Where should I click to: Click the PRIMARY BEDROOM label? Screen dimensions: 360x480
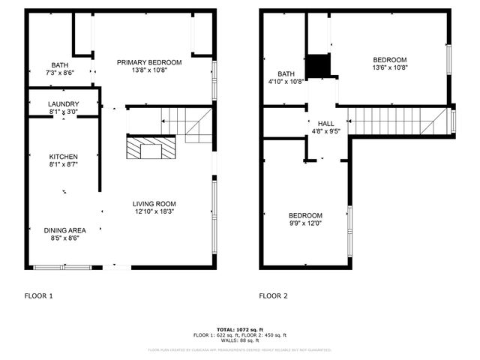(149, 62)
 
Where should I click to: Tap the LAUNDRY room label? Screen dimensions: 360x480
(63, 103)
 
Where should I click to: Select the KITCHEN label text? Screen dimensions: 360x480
(63, 155)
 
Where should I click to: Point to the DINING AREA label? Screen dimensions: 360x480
(63, 230)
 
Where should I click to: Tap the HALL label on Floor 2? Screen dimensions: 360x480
(325, 123)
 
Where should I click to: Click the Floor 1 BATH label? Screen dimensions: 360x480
(60, 65)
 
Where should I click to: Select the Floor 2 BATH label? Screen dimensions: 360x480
(286, 73)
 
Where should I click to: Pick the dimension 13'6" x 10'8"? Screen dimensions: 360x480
(390, 68)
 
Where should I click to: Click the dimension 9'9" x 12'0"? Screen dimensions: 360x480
(305, 223)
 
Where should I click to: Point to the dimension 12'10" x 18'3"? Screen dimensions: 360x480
(154, 211)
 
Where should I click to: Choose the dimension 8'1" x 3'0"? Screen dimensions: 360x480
(63, 112)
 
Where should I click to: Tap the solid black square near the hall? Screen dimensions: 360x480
(319, 65)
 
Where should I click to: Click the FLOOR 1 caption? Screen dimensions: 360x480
(39, 296)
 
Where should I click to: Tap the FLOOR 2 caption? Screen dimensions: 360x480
(273, 296)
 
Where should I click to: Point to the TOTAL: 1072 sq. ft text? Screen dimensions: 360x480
(239, 329)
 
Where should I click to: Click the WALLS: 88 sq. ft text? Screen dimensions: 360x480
(239, 340)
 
